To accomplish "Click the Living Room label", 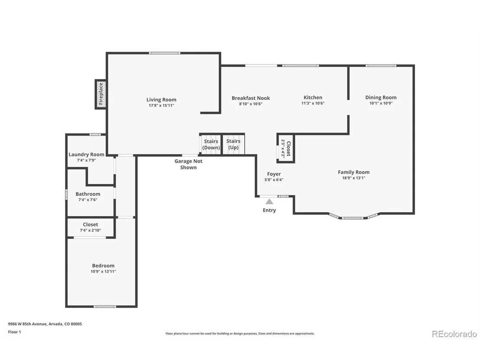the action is pyautogui.click(x=161, y=100).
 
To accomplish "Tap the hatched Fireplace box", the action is pyautogui.click(x=101, y=94).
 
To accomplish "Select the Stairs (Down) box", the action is pyautogui.click(x=211, y=144).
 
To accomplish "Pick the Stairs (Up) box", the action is pyautogui.click(x=233, y=144).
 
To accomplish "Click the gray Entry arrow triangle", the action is pyautogui.click(x=269, y=201).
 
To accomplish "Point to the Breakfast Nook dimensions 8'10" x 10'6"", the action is pyautogui.click(x=251, y=104).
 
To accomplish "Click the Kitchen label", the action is pyautogui.click(x=313, y=97).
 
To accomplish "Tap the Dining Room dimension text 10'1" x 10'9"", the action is pyautogui.click(x=381, y=103).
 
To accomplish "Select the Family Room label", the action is pyautogui.click(x=354, y=172).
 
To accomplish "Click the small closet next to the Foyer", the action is pyautogui.click(x=285, y=148).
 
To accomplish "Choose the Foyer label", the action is pyautogui.click(x=274, y=174).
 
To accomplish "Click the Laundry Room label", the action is pyautogui.click(x=86, y=154).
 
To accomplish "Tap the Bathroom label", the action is pyautogui.click(x=88, y=194).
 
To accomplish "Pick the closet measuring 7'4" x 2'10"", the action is pyautogui.click(x=90, y=227).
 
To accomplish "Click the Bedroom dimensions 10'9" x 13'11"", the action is pyautogui.click(x=103, y=272).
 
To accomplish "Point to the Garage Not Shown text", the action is pyautogui.click(x=188, y=164).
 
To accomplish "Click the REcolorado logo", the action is pyautogui.click(x=454, y=334).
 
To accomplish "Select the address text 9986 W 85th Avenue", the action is pyautogui.click(x=27, y=324).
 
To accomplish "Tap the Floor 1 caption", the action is pyautogui.click(x=14, y=332).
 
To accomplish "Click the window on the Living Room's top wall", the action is pyautogui.click(x=165, y=53).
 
